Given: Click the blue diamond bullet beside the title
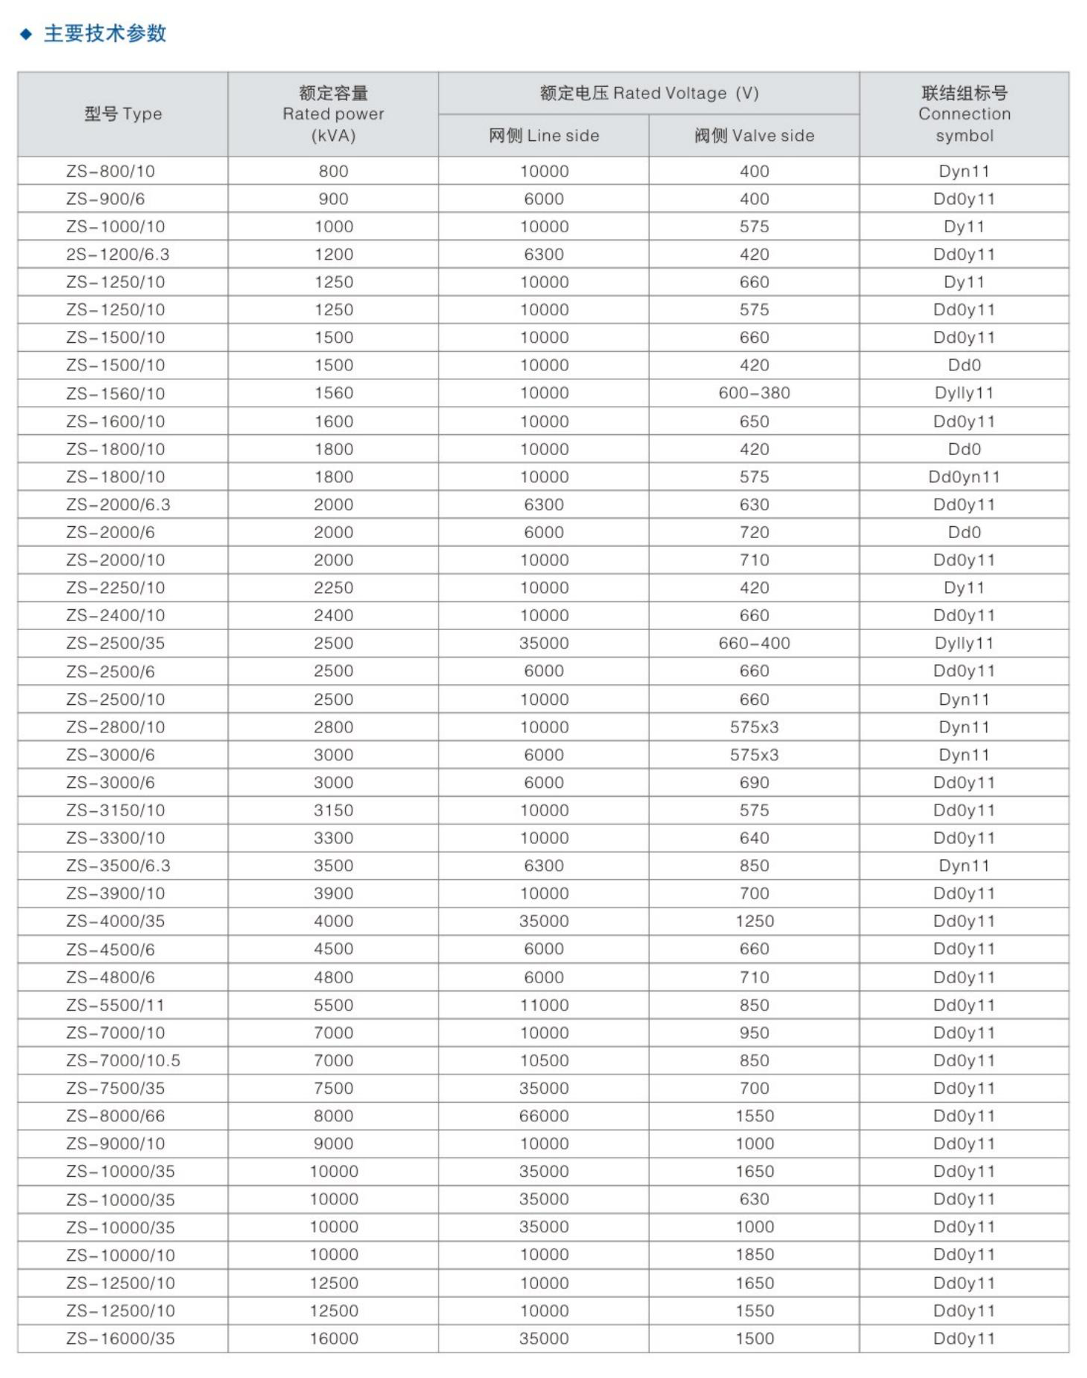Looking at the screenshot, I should tap(26, 34).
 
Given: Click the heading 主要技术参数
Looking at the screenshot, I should tap(105, 34).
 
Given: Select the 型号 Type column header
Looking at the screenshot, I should tap(122, 114).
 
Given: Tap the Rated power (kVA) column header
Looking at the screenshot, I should tap(333, 114).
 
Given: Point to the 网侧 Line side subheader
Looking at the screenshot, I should tap(543, 136).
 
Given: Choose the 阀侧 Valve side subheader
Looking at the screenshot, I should tap(754, 136).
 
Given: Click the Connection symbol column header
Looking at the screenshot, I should tap(964, 114).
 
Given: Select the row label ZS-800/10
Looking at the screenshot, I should tap(111, 171).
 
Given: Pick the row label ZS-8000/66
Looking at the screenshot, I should tap(116, 1116).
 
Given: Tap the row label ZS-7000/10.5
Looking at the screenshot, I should tap(123, 1060).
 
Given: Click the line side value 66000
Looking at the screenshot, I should tap(544, 1116).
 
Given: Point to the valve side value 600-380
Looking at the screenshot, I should tap(754, 393).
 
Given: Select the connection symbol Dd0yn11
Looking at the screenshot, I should tap(964, 477).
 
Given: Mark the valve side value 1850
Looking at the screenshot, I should tap(755, 1255).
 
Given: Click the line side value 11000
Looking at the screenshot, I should tap(544, 1005).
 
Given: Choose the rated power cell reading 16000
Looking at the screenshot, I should tap(334, 1339).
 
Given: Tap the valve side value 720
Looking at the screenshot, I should tap(754, 533).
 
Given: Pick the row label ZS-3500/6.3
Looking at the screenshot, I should tap(118, 866).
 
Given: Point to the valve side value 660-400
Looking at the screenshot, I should tap(754, 643).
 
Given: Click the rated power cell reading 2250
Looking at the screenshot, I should tap(333, 588).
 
